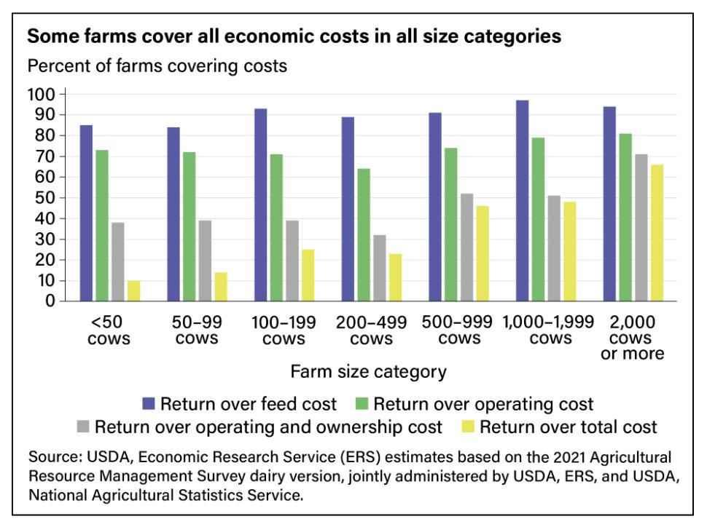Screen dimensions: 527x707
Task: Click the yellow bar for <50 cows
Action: coord(133,290)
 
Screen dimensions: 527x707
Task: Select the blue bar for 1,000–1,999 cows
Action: coord(522,200)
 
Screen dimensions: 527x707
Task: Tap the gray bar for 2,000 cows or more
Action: coord(641,227)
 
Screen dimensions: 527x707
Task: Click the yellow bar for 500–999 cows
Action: coord(483,253)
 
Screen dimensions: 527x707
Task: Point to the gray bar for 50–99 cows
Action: coord(205,260)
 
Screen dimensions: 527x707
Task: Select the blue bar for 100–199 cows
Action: coord(260,205)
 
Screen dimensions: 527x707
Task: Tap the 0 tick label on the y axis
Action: coord(50,301)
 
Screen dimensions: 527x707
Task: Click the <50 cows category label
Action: coord(108,330)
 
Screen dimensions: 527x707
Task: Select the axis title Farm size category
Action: coord(368,372)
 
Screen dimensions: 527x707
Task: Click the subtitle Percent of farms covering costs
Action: coord(157,66)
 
